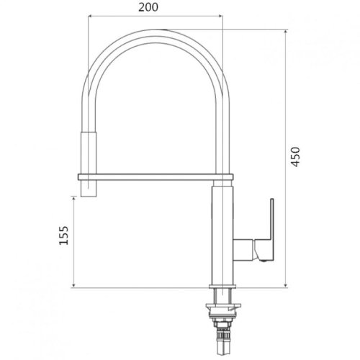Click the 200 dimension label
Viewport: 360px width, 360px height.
148,7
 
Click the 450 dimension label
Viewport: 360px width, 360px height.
295,157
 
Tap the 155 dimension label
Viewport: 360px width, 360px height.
63,235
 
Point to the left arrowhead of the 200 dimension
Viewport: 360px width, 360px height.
91,16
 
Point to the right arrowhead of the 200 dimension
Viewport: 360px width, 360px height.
220,16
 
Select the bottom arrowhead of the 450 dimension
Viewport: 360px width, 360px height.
286,285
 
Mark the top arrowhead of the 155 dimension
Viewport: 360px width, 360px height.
73,199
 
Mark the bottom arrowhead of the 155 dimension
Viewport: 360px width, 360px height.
73,285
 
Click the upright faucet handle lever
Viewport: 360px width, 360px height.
272,219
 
